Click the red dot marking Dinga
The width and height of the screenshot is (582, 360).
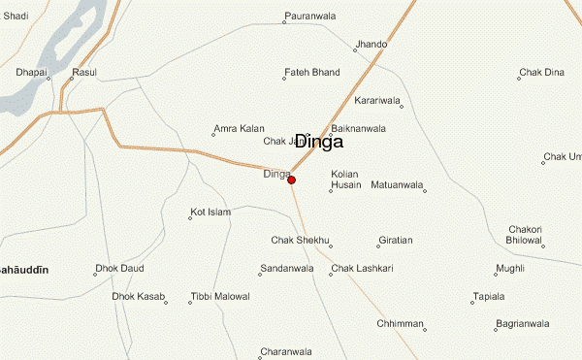291,180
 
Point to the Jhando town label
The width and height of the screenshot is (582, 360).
372,45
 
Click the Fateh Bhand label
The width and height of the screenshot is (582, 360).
312,72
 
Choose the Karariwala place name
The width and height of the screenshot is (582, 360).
378,100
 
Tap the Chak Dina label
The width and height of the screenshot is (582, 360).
541,72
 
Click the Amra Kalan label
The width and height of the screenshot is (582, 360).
239,128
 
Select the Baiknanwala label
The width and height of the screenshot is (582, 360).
359,128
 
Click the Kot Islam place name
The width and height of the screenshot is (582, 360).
211,212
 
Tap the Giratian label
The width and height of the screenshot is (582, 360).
396,240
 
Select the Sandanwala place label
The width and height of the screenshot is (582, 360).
287,268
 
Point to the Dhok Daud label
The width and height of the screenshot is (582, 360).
119,268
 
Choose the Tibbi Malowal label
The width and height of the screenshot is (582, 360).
220,296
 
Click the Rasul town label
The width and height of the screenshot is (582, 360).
84,72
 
